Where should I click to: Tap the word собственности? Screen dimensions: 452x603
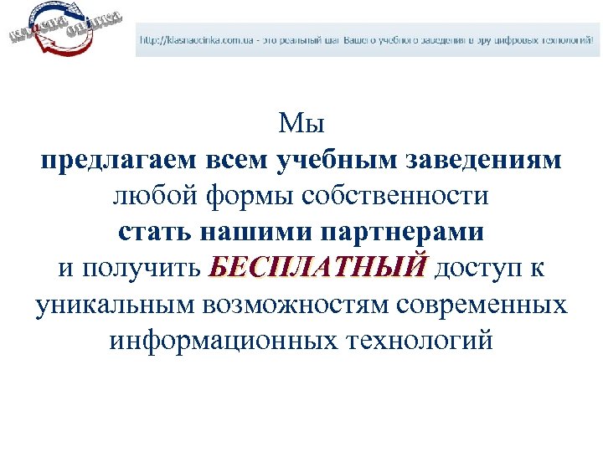(395, 197)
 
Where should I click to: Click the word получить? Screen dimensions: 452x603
(141, 268)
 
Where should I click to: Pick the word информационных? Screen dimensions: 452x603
(220, 340)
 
